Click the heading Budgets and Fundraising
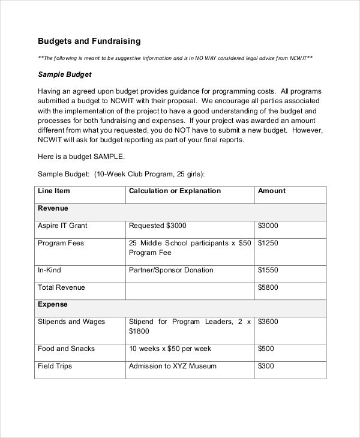coord(89,41)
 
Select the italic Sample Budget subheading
coord(65,75)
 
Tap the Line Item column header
coord(54,191)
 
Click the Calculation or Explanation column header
coord(175,191)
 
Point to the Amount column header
coord(271,191)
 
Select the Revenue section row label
coord(53,208)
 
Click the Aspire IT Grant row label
coord(62,226)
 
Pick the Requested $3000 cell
coord(158,226)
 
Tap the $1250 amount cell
coord(268,243)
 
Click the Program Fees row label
coord(61,243)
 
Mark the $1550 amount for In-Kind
coord(268,270)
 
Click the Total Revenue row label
coord(61,287)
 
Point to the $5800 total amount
coord(268,287)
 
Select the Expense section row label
coord(53,304)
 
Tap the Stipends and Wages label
coord(71,322)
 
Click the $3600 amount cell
coord(268,322)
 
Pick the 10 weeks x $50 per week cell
coord(171,349)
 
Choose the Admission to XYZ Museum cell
coord(173,366)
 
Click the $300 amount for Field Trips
coord(266,366)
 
